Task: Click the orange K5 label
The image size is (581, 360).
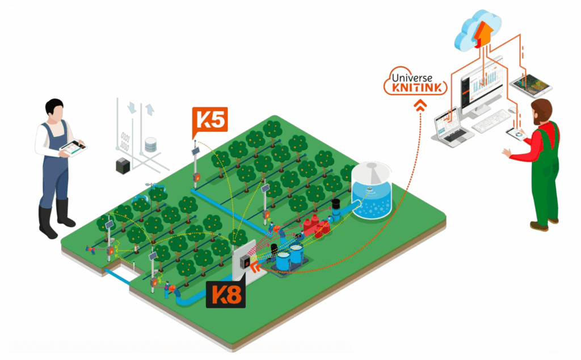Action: coord(210,119)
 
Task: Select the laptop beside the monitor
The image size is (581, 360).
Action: coord(452,125)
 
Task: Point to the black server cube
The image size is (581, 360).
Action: coord(124,165)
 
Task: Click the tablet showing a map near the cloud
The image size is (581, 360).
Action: coord(531,85)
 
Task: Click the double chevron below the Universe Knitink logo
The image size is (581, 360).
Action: coord(420,105)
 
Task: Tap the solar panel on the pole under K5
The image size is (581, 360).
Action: coord(195,152)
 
